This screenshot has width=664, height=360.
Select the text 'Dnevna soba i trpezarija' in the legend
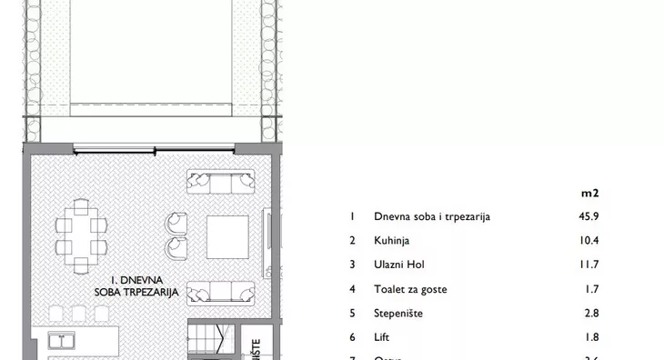[x=432, y=217]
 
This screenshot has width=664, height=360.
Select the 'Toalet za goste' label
[x=410, y=290]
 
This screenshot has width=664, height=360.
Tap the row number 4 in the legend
[x=351, y=290]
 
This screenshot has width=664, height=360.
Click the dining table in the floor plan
[x=77, y=234]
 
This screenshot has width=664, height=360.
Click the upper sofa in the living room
[x=222, y=182]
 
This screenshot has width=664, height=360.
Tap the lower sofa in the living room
[x=222, y=292]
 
